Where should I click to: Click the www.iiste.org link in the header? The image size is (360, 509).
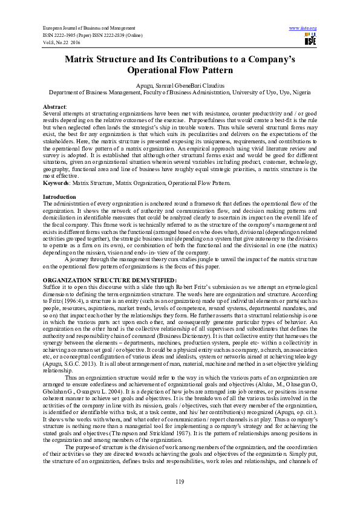pyautogui.click(x=303, y=28)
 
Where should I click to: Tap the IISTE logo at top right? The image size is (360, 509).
pyautogui.click(x=310, y=41)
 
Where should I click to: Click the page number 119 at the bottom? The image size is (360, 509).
pyautogui.click(x=180, y=481)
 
